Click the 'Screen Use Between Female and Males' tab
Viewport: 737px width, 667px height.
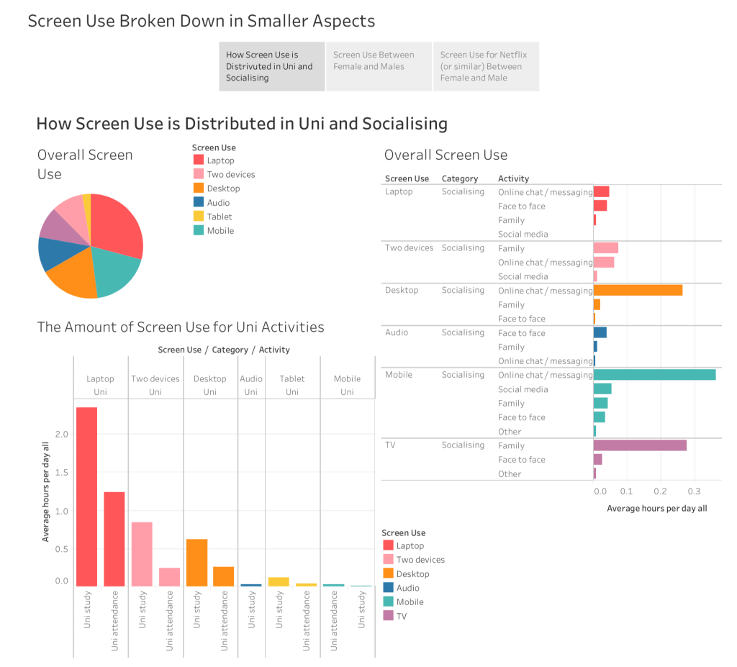(379, 66)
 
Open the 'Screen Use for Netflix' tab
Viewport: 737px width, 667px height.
(486, 66)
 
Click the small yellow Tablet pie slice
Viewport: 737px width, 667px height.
(87, 201)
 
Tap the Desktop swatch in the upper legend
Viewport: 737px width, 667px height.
(198, 189)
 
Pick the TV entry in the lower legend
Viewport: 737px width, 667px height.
(389, 616)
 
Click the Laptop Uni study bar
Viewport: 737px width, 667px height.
(86, 496)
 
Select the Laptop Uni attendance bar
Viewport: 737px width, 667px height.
(114, 539)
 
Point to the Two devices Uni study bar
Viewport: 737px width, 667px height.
(142, 554)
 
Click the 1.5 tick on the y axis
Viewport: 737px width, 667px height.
(62, 473)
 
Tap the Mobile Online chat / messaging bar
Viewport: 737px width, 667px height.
(654, 375)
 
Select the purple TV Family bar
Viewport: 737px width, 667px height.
(640, 445)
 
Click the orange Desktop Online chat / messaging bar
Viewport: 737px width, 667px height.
(638, 291)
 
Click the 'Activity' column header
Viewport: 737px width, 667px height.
(513, 178)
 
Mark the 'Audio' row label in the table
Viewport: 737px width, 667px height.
(397, 332)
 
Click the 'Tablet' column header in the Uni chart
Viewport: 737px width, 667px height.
(292, 379)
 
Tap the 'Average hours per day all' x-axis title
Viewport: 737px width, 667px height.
(656, 509)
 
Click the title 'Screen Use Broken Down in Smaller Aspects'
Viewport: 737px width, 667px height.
(202, 21)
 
